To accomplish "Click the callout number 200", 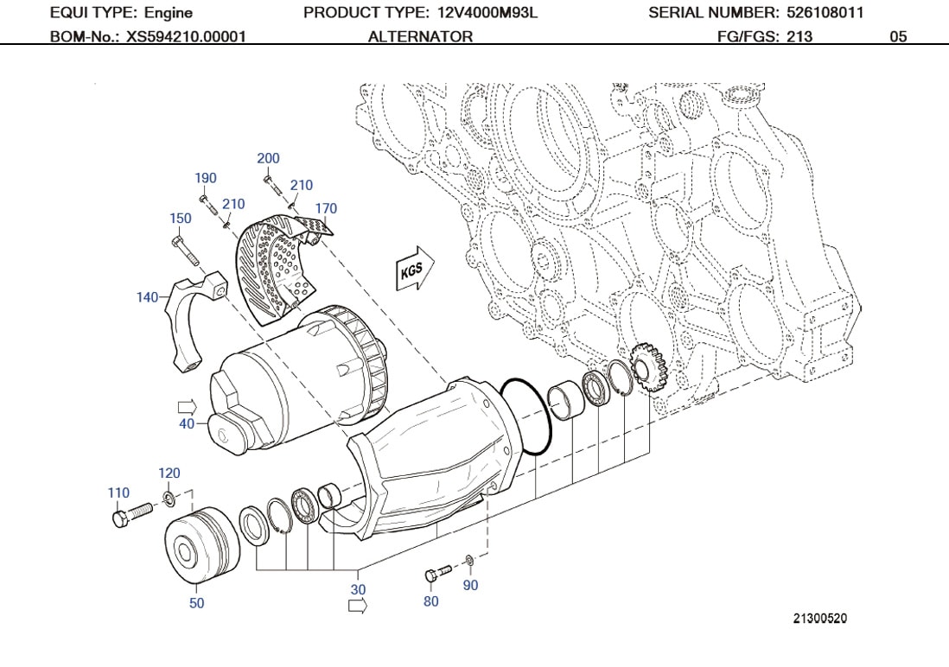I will tap(268, 158).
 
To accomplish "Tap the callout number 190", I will tap(205, 178).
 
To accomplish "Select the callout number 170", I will tap(326, 208).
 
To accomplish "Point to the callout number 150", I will tap(180, 219).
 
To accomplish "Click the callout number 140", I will tap(147, 297).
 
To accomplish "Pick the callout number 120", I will tap(169, 473).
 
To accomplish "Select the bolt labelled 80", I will tap(438, 574).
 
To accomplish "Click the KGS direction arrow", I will tap(413, 270).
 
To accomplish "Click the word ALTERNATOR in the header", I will tap(420, 37).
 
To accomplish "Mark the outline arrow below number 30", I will tap(357, 607).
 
